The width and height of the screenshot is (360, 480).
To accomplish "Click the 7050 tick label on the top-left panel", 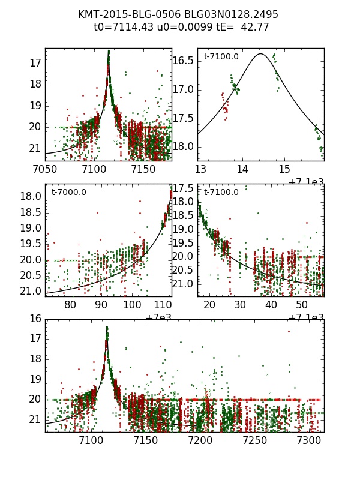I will (x=45, y=170).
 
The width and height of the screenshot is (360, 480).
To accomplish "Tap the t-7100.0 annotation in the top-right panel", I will (x=221, y=57).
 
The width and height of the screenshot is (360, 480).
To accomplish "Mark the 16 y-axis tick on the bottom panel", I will (x=35, y=319).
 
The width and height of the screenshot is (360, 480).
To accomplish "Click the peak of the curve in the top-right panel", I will (x=260, y=54).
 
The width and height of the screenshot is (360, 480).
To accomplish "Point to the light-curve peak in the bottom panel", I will (x=107, y=328).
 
